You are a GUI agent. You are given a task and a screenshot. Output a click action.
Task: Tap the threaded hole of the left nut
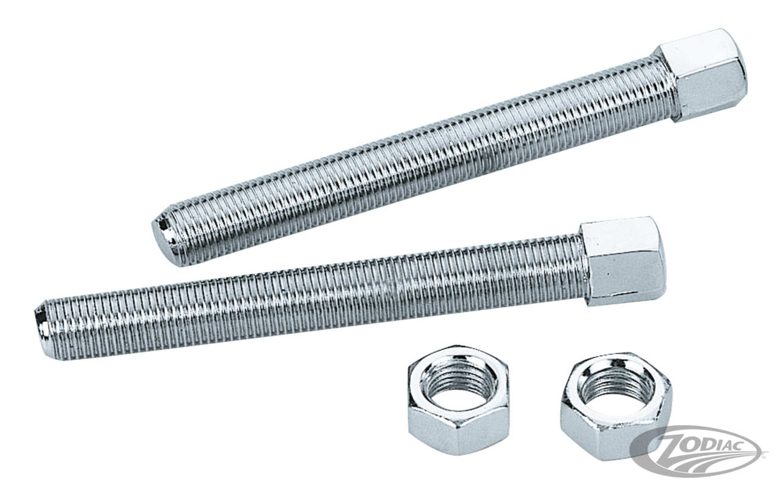[x=458, y=386]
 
